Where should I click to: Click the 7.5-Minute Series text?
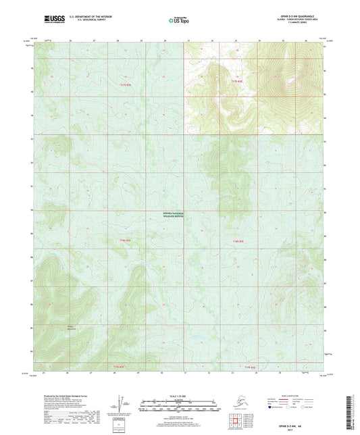[307, 25]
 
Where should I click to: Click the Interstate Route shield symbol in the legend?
[271, 407]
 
